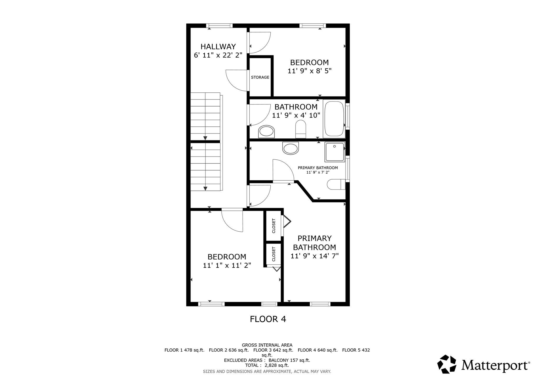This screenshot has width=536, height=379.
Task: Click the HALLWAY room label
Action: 218,47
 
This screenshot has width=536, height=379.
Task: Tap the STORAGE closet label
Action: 260,77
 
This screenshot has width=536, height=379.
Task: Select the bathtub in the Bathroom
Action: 334,118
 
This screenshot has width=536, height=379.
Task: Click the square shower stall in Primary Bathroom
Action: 335,152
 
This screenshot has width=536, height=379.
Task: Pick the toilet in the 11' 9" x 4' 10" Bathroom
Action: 301,129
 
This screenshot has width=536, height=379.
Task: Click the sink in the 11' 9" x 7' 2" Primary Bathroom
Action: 291,149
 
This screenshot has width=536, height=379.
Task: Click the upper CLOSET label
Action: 274,226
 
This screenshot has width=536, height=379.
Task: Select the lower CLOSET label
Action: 274,254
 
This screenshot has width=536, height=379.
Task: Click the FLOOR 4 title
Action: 268,319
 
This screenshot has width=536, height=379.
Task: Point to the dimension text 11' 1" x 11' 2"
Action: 227,265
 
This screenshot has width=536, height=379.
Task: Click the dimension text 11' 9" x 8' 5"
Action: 310,71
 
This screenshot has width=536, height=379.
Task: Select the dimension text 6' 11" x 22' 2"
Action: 218,55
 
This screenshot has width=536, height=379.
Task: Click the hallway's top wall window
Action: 219,26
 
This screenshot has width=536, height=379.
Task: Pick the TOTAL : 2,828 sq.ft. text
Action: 267,365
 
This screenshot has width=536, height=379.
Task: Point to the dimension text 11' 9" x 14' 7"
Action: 315,256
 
